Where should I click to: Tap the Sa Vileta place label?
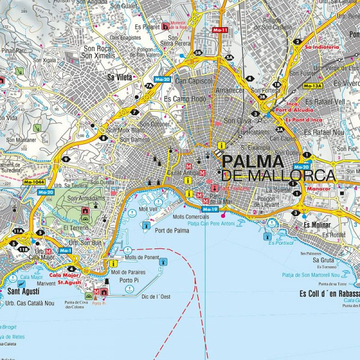tap(119, 77)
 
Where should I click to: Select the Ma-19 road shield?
tap(210, 209)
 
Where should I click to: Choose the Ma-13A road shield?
tap(313, 86)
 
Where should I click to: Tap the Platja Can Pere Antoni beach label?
tap(203, 224)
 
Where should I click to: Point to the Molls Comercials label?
tap(190, 217)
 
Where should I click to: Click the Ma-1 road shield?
tap(64, 250)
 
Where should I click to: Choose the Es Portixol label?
tap(281, 243)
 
